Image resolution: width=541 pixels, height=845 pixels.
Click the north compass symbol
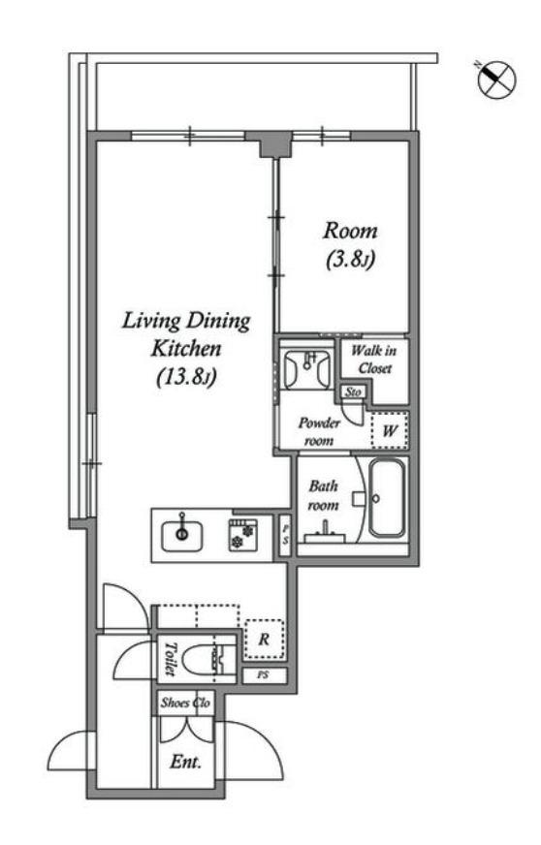point(496,78)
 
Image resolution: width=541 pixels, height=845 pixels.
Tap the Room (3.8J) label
point(350,245)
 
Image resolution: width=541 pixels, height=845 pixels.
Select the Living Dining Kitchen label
point(186,334)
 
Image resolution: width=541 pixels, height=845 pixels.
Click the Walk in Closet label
point(374,360)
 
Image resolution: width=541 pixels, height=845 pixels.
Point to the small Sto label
point(353,391)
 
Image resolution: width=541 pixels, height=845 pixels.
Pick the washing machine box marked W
point(389,430)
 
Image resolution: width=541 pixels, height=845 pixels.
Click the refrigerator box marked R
point(264,640)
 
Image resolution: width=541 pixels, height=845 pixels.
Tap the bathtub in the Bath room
point(387,498)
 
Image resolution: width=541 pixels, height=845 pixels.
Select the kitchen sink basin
point(182,536)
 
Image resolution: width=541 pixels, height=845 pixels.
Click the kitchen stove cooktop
point(241,535)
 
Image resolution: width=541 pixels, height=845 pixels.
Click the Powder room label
point(319,431)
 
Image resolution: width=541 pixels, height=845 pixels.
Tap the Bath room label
point(324,495)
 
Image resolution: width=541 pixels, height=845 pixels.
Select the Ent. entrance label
point(185,762)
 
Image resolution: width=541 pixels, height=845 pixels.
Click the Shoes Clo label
point(185,703)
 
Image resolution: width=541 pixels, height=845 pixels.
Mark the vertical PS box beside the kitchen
point(285,536)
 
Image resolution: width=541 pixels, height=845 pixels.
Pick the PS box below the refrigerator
point(263,675)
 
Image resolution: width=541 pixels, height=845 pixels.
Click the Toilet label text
point(170,659)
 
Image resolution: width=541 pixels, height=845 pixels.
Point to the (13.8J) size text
point(186,377)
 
